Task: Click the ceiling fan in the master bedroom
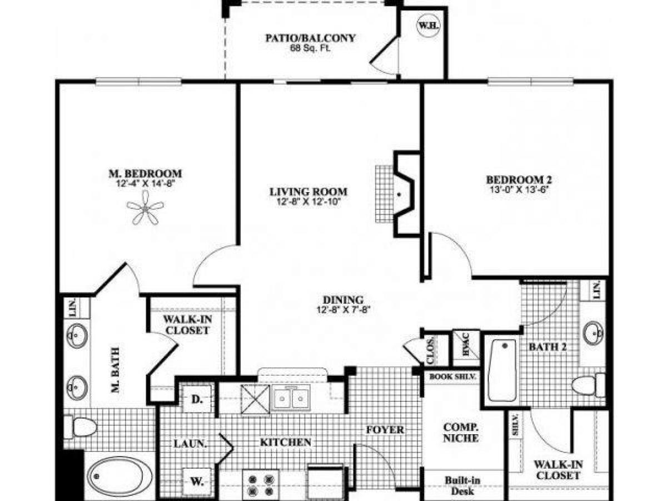145,208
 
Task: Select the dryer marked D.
196,399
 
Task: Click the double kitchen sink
291,399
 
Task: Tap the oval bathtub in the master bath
120,477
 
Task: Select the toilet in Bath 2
590,385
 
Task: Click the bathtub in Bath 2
502,370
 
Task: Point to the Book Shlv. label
452,376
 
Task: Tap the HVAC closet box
465,349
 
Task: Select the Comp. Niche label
460,433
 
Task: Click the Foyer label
385,430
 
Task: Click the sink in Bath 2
594,333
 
